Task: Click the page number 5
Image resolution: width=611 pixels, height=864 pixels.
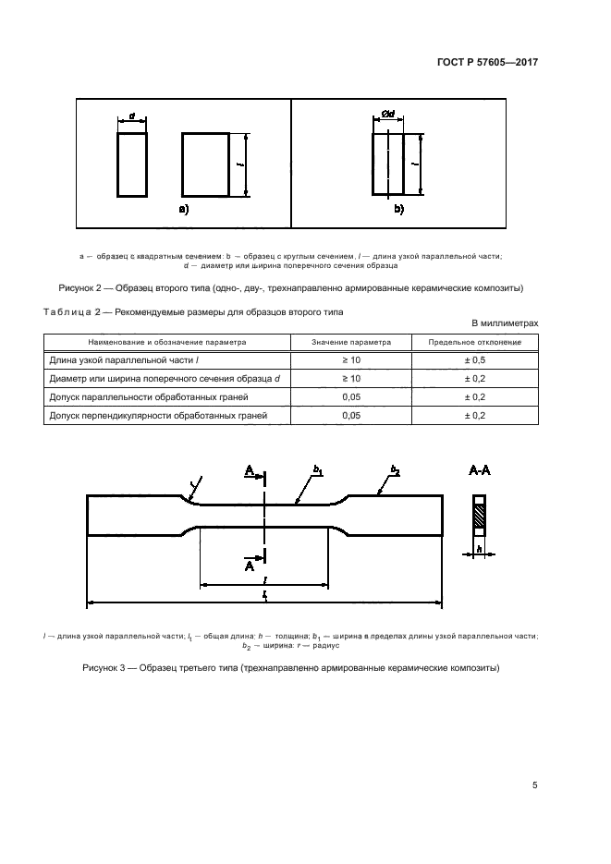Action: (535, 785)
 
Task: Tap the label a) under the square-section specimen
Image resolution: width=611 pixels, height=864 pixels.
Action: (183, 210)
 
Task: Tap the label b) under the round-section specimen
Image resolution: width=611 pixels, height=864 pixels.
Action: (399, 210)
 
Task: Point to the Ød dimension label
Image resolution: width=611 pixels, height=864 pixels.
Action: (388, 115)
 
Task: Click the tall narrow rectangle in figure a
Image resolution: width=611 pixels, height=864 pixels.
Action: (132, 164)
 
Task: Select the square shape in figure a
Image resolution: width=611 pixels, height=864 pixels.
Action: (204, 164)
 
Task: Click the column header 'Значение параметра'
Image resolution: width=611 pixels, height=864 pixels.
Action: (351, 342)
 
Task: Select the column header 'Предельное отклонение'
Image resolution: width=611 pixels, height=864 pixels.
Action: (474, 342)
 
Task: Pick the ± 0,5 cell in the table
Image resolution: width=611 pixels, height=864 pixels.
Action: (474, 360)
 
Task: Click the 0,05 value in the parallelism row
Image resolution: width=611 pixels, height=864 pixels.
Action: (351, 397)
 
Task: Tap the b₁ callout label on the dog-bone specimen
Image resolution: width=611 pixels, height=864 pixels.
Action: (317, 471)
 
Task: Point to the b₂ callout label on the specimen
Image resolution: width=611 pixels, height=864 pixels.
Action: (395, 471)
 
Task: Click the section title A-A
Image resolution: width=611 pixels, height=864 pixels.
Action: (480, 470)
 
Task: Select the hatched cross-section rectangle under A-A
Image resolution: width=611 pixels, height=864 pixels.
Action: (479, 515)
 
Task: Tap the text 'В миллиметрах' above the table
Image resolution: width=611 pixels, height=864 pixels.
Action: (505, 322)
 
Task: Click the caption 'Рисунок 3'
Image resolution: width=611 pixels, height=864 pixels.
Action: (109, 667)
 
